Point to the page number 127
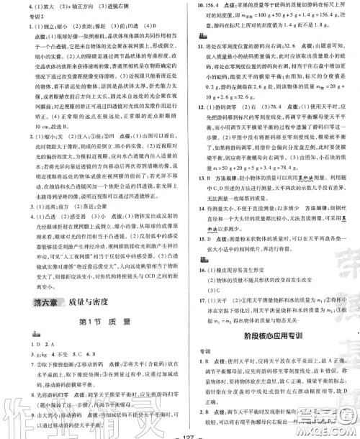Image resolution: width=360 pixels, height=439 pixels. [181, 432]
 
